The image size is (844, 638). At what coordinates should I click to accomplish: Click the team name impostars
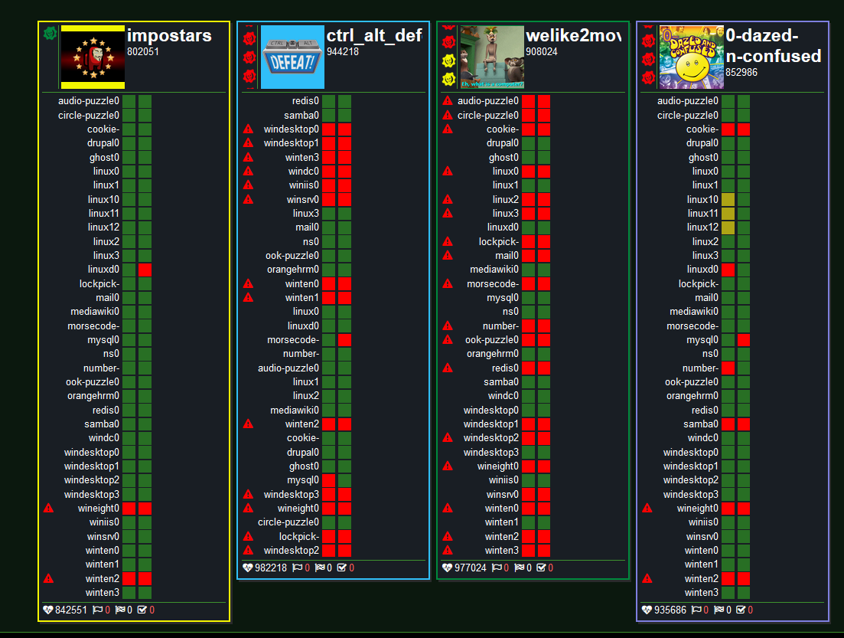(x=169, y=35)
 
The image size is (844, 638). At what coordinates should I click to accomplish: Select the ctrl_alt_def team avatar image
(x=292, y=57)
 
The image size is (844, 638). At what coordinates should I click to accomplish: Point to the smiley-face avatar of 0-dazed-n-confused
(x=691, y=57)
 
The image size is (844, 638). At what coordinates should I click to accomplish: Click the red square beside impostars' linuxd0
(x=145, y=270)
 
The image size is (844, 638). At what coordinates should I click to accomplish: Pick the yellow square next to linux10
(x=728, y=199)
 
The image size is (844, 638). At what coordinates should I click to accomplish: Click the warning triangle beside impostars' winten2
(x=49, y=578)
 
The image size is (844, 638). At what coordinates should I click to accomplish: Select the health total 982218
(x=270, y=568)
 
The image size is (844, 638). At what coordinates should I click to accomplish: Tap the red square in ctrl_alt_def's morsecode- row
(x=345, y=340)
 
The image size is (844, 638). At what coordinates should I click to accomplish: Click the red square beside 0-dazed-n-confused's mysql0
(x=744, y=340)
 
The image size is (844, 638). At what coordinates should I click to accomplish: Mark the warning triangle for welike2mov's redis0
(x=448, y=368)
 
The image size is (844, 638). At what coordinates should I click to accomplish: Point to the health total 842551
(x=70, y=610)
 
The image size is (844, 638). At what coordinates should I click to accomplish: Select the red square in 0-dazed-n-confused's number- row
(x=728, y=368)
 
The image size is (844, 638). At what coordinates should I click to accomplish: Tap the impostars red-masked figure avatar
(x=93, y=57)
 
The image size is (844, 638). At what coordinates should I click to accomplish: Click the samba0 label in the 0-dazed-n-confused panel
(x=701, y=424)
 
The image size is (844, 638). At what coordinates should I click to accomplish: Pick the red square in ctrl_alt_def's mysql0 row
(x=329, y=480)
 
